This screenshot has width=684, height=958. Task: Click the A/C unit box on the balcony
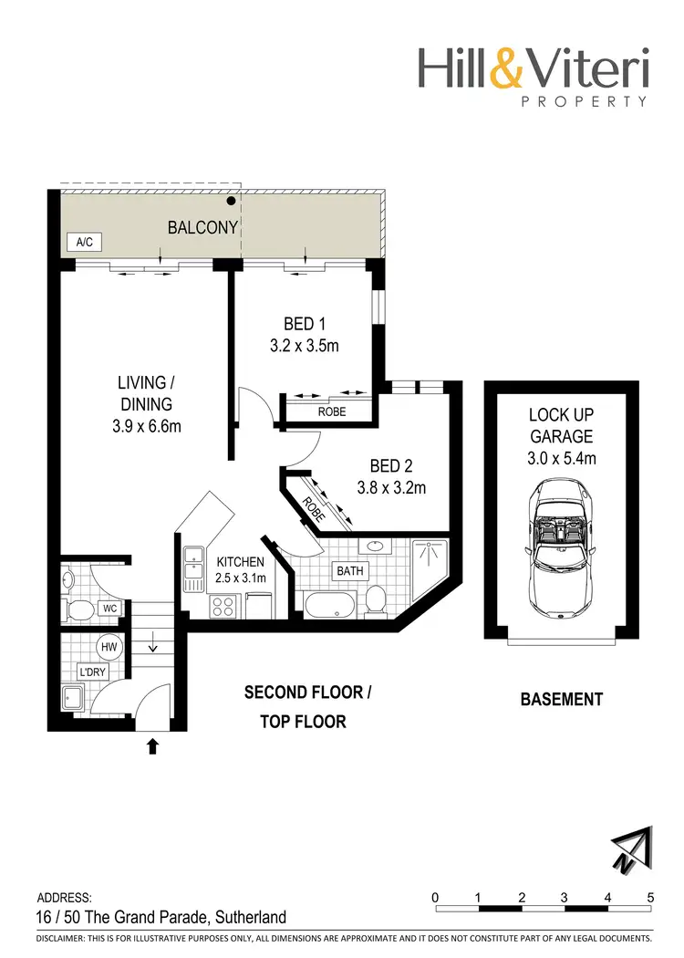(84, 243)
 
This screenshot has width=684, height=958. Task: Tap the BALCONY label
(202, 227)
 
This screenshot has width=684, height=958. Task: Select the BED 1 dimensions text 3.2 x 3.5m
(304, 346)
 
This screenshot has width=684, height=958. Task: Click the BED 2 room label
(390, 466)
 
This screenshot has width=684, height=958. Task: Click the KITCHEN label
(241, 562)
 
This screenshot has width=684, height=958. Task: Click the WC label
(109, 607)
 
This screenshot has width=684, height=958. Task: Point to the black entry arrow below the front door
(152, 746)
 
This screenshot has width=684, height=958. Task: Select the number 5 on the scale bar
(650, 897)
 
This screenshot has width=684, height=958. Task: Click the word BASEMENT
(561, 700)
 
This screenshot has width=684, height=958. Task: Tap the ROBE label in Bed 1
(332, 411)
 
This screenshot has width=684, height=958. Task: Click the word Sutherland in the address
(248, 918)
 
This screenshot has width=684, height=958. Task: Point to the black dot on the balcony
(232, 201)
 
